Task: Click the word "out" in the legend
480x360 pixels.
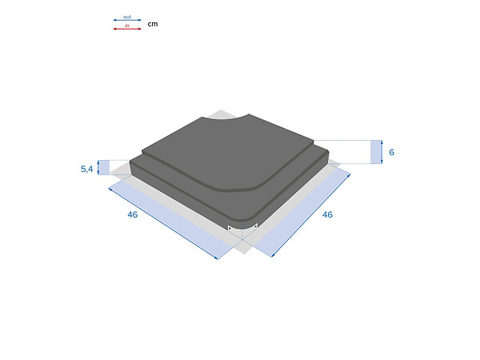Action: point(127,17)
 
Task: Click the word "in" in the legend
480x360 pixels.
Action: point(127,26)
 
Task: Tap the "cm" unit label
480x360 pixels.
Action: point(153,24)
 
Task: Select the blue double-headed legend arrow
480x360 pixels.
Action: point(127,20)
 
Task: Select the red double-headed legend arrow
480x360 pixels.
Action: point(127,29)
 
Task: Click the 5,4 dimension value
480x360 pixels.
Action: point(86,169)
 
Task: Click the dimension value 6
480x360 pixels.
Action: point(391,152)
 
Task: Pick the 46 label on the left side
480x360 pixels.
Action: point(133,214)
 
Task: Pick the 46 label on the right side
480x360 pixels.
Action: point(327,214)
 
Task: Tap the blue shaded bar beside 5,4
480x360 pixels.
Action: point(105,167)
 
